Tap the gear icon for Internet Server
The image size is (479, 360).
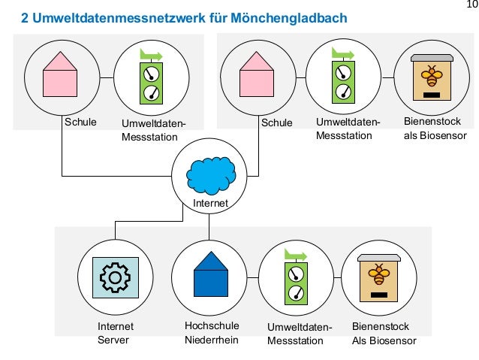pos(115,277)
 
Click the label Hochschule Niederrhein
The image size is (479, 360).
pos(211,333)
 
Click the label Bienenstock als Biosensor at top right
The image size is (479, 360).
pos(435,129)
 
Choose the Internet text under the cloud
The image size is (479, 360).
pos(210,204)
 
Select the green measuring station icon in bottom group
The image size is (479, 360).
pos(298,276)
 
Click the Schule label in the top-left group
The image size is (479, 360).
pos(80,122)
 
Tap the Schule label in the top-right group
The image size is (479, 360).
pos(277,122)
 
